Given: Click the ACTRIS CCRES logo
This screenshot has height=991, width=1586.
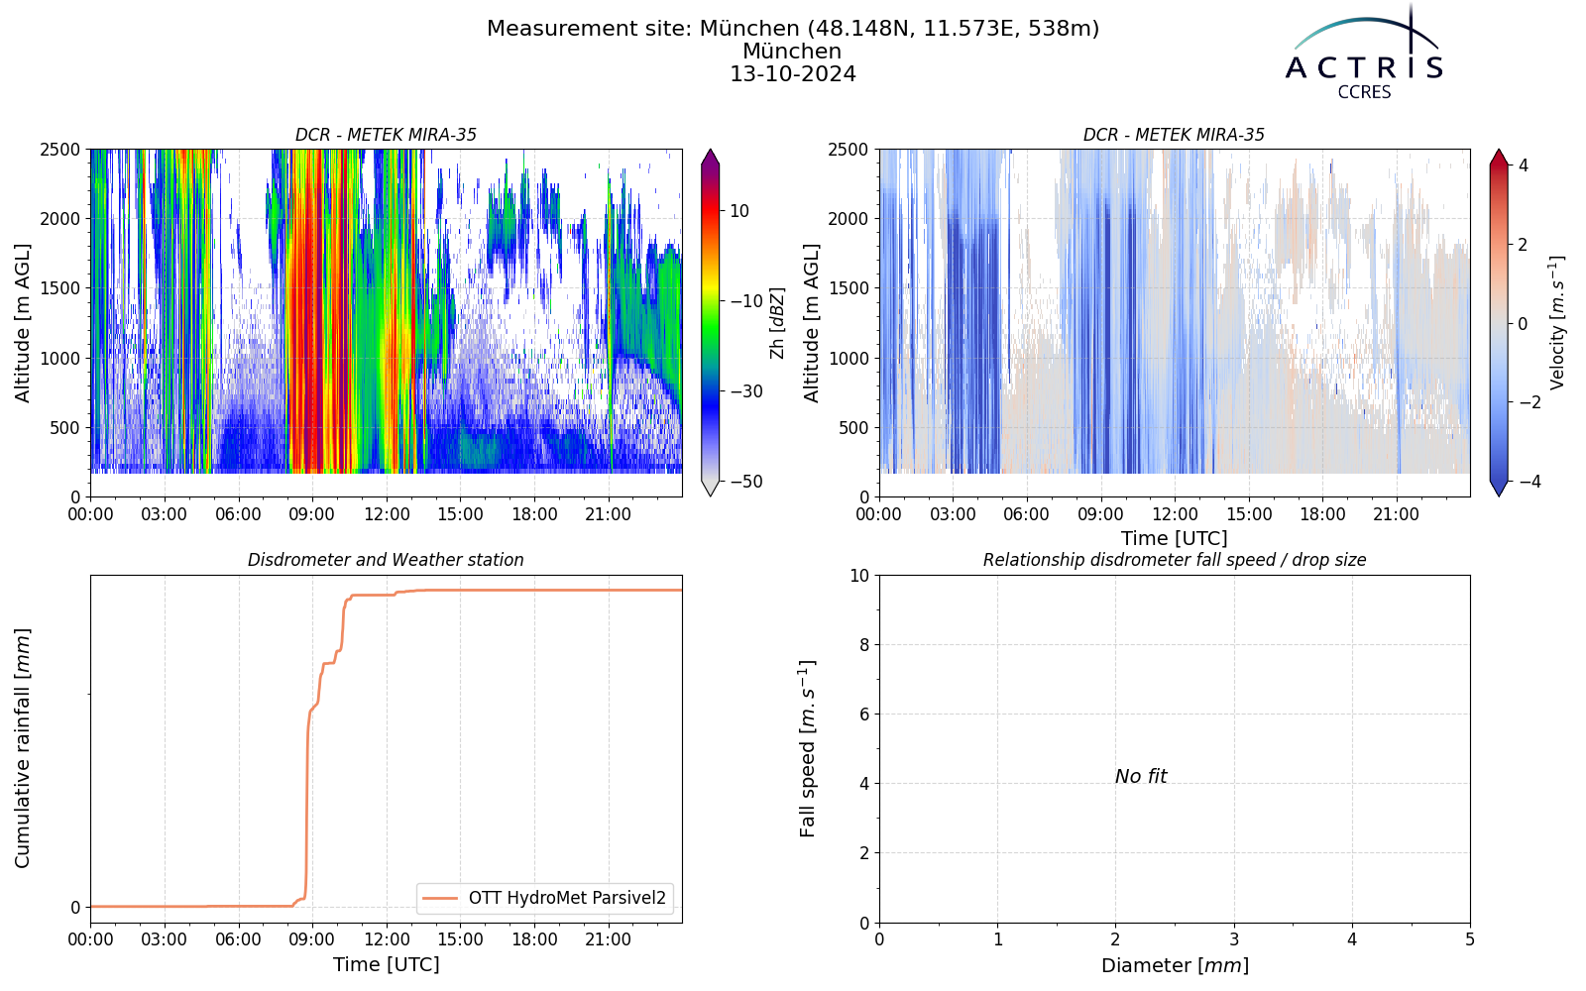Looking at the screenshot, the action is click(x=1364, y=54).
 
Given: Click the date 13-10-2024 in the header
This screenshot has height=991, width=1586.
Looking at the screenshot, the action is click(x=793, y=74).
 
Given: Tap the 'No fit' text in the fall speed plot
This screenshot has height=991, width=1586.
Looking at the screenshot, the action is click(x=1141, y=777).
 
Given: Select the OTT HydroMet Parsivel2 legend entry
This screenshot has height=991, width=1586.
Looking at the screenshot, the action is click(x=544, y=898).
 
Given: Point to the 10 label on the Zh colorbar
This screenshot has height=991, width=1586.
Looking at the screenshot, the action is click(x=739, y=211).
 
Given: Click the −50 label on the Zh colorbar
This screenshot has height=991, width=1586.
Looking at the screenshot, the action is click(x=747, y=482).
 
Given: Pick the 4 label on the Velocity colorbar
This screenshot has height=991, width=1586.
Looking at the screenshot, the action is click(x=1524, y=165).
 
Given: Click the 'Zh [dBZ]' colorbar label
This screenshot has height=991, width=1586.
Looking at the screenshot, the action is click(x=777, y=323).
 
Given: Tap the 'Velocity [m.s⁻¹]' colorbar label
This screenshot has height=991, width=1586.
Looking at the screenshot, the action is click(x=1556, y=323).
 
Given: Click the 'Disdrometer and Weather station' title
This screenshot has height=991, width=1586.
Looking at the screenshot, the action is click(x=386, y=560).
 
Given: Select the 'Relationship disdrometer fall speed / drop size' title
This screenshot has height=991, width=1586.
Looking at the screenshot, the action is click(x=1175, y=560).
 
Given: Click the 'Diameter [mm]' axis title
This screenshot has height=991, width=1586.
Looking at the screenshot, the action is click(x=1175, y=965).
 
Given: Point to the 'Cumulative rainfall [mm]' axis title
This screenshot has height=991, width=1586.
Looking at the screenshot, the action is click(x=23, y=748).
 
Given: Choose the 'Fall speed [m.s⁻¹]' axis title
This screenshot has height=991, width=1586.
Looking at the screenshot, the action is click(x=808, y=749).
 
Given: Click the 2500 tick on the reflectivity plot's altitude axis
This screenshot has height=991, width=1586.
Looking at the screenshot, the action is click(x=60, y=150).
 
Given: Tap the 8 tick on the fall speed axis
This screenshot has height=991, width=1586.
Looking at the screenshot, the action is click(x=863, y=645).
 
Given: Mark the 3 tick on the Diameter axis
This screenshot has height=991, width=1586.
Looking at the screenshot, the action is click(x=1234, y=940).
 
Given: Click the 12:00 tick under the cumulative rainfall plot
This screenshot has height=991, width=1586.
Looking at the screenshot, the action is click(x=387, y=940).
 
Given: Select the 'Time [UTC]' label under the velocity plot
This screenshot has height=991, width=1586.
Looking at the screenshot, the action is click(x=1175, y=539).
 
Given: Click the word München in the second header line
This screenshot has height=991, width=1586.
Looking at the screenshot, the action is click(x=792, y=52).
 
